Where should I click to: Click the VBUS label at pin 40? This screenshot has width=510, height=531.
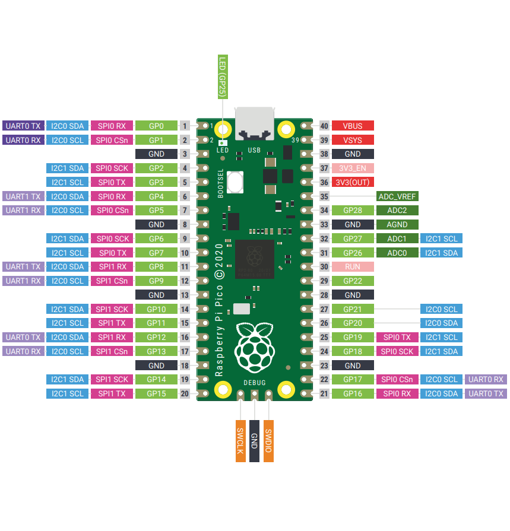[x=353, y=126]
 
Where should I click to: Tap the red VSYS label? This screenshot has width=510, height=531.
[x=353, y=140]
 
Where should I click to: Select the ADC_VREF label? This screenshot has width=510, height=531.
[x=397, y=196]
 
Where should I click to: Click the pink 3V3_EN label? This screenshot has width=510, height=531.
[x=353, y=168]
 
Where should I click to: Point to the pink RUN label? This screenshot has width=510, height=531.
[x=353, y=267]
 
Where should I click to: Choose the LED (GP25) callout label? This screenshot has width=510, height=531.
[x=222, y=78]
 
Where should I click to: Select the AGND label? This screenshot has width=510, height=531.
[x=397, y=225]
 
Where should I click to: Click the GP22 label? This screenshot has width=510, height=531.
[x=353, y=281]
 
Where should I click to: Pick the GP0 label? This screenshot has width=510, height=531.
[x=156, y=126]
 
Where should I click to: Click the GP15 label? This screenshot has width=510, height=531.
[x=156, y=393]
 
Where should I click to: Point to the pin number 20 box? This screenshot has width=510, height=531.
[x=185, y=393]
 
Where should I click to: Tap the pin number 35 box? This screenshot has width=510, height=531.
[x=324, y=196]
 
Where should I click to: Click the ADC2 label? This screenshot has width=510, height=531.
[x=397, y=211]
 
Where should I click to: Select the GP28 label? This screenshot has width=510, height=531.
[x=353, y=211]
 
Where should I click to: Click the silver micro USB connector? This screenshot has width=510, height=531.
[x=254, y=123]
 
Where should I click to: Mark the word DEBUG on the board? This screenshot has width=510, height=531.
[x=254, y=383]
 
